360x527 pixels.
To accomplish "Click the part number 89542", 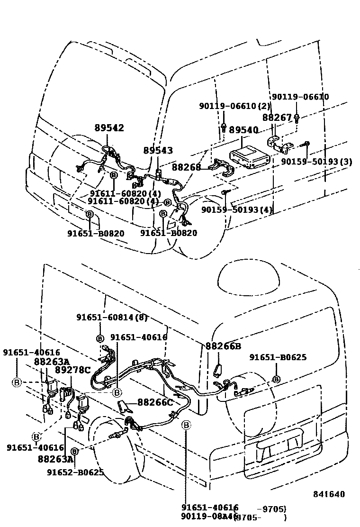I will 109,128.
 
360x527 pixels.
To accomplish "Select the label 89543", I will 158,150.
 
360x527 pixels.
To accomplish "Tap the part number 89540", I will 243,130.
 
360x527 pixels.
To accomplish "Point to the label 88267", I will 277,117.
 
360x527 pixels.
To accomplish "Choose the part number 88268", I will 186,167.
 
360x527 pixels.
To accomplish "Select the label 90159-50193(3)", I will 316,162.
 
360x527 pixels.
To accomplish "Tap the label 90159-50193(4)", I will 237,209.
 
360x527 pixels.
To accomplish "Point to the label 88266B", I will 223,346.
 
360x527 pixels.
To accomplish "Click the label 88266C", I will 155,402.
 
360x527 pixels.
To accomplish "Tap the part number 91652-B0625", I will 75,472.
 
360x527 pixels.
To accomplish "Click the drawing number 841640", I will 329,494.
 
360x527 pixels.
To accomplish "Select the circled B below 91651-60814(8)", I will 100,338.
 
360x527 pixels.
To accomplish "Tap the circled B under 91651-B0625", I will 276,379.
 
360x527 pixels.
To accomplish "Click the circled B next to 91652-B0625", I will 75,451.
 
